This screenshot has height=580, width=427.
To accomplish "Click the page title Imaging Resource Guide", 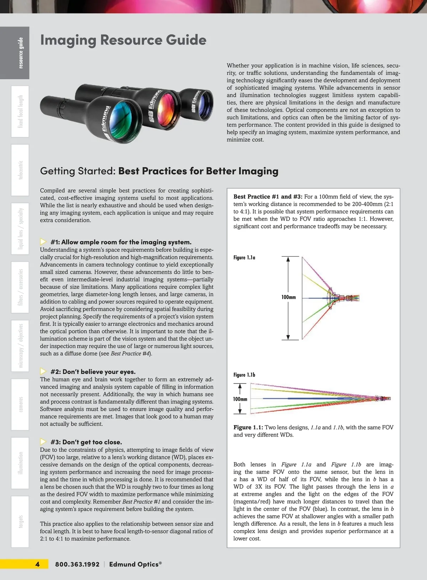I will coord(123,40).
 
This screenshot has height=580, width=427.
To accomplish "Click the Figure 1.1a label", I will coord(244,257).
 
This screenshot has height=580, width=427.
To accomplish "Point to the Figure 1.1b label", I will coord(244,375).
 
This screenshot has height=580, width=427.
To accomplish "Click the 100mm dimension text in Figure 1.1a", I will coord(289,297).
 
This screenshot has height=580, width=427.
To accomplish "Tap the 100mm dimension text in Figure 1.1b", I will coord(240,399).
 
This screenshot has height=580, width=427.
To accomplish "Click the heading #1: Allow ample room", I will coord(121,242).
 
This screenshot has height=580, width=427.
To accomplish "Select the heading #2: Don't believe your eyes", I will coord(93,372).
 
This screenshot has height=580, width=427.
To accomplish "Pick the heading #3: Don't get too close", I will coord(86,442).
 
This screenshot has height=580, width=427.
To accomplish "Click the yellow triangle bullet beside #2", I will coord(43,371).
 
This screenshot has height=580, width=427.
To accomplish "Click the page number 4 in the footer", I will coord(38,564).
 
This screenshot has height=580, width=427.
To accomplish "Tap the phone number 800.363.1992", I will coord(77,564).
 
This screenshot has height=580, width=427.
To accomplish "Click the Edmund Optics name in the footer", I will coord(135,564).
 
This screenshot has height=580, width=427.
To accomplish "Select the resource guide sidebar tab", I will coord(20,53).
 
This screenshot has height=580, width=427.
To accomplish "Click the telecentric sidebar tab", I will coord(20,170).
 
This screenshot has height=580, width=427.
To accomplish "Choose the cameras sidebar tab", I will coord(20,405).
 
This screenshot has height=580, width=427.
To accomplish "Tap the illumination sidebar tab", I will coord(20,463).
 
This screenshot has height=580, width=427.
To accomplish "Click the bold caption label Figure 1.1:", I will coord(248,427).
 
